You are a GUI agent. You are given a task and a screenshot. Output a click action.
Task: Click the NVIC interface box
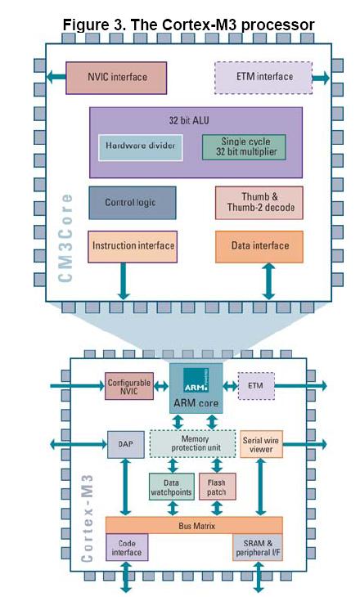(116, 78)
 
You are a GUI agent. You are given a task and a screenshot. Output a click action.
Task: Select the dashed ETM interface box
(263, 78)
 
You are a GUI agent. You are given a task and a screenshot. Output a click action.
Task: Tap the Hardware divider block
(140, 147)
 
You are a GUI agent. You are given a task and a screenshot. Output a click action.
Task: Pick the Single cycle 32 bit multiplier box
(244, 146)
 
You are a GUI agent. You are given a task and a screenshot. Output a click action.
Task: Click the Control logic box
(133, 203)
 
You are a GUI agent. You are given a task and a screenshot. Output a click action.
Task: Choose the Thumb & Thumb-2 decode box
(259, 203)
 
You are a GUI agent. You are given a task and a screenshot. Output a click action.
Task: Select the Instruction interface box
(133, 246)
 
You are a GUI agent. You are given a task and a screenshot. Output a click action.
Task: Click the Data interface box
(259, 246)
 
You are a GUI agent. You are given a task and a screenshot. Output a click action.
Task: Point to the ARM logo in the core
(196, 380)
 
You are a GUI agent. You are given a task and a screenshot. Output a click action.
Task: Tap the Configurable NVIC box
(129, 386)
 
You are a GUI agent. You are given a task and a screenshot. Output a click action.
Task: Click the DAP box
(126, 444)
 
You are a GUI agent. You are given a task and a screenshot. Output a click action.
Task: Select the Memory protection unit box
(192, 443)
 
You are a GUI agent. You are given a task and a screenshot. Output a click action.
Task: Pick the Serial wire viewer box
(261, 444)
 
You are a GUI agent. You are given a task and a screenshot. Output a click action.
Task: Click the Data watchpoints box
(171, 487)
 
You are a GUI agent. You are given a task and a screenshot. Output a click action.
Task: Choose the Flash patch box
(217, 487)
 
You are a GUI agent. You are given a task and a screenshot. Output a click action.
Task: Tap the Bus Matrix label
(196, 526)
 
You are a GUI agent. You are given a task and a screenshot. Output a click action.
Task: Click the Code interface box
(127, 547)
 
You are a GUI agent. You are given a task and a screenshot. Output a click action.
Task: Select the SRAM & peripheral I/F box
(258, 547)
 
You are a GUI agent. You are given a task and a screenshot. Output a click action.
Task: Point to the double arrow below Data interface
(268, 281)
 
